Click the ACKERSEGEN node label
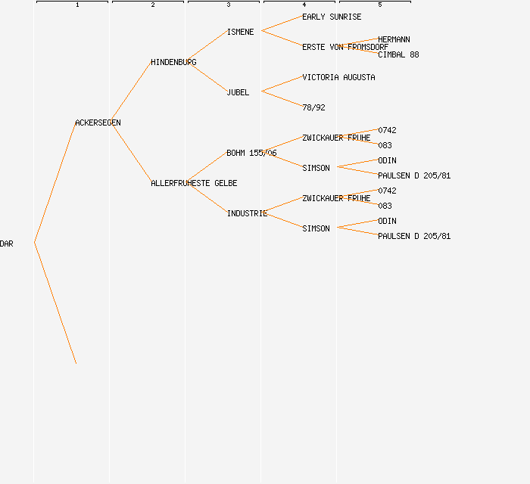click(x=98, y=123)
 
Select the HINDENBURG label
click(x=173, y=62)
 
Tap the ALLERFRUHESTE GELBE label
click(x=194, y=183)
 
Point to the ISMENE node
click(x=240, y=32)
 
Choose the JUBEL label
click(x=238, y=92)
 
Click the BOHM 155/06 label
click(x=251, y=153)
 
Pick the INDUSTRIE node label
click(x=247, y=213)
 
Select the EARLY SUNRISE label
click(x=332, y=17)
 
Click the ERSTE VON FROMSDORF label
click(x=345, y=47)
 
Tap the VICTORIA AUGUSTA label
click(x=338, y=77)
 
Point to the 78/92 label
click(x=313, y=107)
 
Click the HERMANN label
click(x=394, y=39)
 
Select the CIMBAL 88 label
click(x=398, y=54)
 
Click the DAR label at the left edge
click(x=7, y=244)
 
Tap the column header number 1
click(x=77, y=5)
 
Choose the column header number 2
click(x=153, y=5)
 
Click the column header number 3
click(x=229, y=5)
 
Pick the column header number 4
click(x=304, y=5)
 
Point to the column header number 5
click(x=380, y=5)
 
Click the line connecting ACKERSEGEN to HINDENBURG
click(x=131, y=93)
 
